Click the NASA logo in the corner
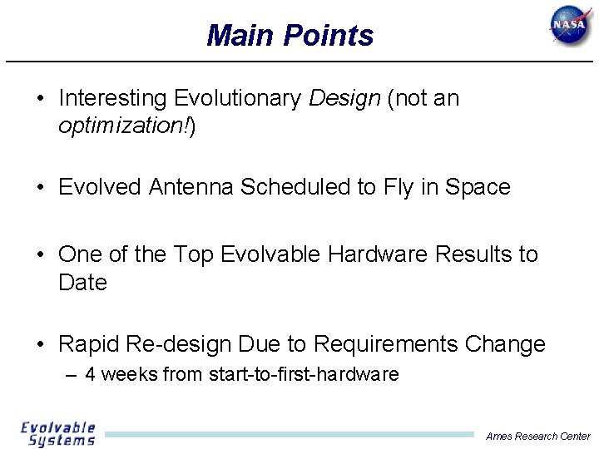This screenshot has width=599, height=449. tap(571, 27)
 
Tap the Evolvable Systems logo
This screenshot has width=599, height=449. tap(58, 434)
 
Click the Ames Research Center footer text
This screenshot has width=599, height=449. tap(538, 436)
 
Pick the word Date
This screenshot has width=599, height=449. tap(82, 283)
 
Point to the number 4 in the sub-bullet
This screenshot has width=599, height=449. tap(91, 375)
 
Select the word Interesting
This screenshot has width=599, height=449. tap(113, 99)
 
